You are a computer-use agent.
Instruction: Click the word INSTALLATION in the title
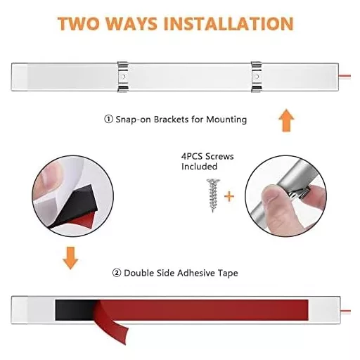click(229, 23)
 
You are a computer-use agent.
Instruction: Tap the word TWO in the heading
click(79, 23)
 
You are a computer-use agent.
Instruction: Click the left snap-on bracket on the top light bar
click(123, 77)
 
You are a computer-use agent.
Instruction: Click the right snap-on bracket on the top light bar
click(256, 77)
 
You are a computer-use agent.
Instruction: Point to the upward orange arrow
click(286, 120)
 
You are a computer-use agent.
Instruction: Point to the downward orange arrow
click(70, 258)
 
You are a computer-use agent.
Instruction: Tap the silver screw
click(213, 195)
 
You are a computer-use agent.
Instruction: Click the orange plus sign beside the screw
click(229, 196)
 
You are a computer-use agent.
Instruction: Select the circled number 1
click(108, 120)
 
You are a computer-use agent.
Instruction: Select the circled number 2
click(117, 273)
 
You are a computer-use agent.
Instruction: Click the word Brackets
click(172, 120)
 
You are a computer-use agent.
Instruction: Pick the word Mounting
click(226, 120)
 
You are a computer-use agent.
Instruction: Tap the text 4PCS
click(192, 156)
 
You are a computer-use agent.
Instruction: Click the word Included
click(200, 167)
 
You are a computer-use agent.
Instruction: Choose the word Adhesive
click(196, 273)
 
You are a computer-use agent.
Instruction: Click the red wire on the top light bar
click(345, 76)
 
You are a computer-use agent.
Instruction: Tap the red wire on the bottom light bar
click(345, 311)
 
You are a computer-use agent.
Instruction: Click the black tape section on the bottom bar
click(75, 310)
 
